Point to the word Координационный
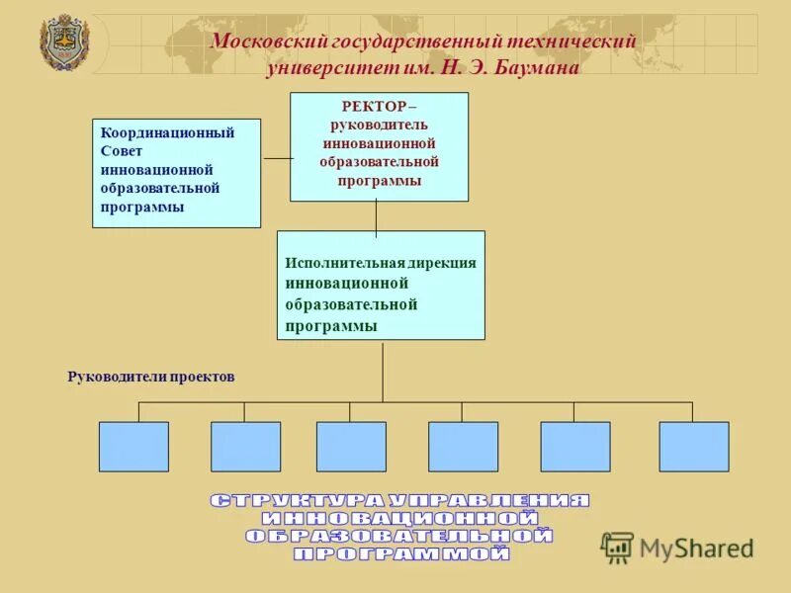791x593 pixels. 167,132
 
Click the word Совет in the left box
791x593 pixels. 122,151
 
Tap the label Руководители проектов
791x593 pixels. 150,377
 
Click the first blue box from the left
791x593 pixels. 133,447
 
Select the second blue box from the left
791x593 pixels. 245,447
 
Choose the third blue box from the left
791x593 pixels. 351,447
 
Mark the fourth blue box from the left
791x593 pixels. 463,447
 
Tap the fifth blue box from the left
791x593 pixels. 575,447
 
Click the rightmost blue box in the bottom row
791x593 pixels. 694,447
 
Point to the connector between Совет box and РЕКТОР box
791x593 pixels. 276,158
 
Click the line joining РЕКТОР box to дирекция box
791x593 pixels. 376,216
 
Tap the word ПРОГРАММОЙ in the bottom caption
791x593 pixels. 401,554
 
